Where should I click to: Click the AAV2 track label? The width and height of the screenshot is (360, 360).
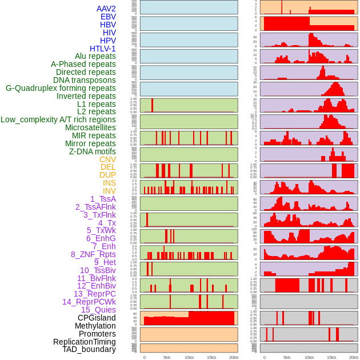click(x=106, y=9)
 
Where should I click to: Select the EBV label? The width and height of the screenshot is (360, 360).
click(x=108, y=17)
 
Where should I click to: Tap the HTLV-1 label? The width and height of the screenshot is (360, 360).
click(x=103, y=49)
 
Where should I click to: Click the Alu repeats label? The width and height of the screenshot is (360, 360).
click(x=95, y=56)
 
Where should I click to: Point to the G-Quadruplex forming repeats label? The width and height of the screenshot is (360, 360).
click(x=61, y=88)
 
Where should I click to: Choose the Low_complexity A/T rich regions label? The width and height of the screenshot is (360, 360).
click(x=58, y=119)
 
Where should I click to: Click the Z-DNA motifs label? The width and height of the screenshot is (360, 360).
click(x=92, y=151)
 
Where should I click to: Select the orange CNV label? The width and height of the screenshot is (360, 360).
click(x=107, y=159)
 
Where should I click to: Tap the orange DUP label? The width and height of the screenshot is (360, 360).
click(x=107, y=175)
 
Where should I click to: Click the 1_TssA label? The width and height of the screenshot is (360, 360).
click(x=103, y=199)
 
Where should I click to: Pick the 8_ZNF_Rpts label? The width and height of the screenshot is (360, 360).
click(x=93, y=254)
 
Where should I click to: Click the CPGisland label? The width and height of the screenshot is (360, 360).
click(x=97, y=318)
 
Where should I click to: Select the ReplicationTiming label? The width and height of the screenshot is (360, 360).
click(x=84, y=342)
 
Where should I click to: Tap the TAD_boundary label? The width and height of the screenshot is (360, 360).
click(x=89, y=349)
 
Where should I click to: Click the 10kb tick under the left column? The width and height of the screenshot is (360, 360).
click(x=189, y=357)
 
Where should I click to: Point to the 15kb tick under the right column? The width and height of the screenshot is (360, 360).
click(x=331, y=357)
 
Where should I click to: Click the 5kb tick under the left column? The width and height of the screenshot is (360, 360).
click(x=167, y=357)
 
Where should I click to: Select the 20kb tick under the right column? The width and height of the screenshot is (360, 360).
click(x=354, y=357)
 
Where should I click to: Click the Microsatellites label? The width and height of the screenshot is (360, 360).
click(x=90, y=127)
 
